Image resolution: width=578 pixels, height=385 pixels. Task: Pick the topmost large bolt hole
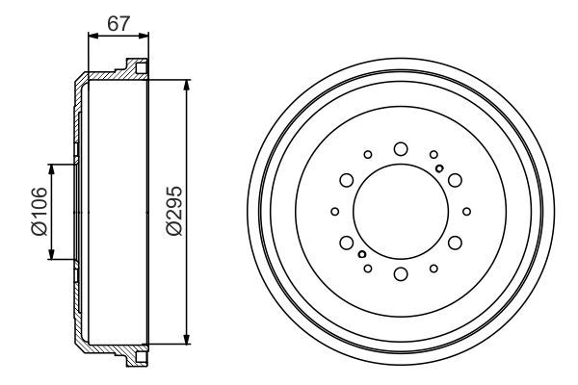[x=400, y=148]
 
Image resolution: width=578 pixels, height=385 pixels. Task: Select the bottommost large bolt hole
[x=400, y=276]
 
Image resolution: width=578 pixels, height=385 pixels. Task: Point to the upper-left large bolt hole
[x=345, y=180]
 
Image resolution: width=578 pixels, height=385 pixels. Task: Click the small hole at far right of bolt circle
[x=466, y=212]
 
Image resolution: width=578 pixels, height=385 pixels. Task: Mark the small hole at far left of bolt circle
[x=334, y=212]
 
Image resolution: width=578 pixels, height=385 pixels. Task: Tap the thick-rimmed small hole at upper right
[x=439, y=169]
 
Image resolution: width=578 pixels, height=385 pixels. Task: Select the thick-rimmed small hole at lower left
[x=361, y=254]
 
